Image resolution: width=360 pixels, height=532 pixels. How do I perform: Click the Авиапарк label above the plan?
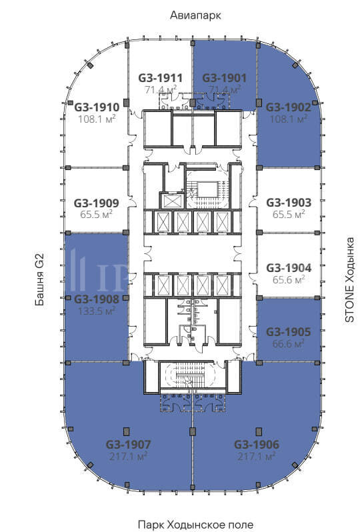coord(195,15)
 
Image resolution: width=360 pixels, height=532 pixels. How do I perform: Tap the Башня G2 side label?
coord(39,280)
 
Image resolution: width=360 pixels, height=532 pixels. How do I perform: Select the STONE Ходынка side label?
coord(349,279)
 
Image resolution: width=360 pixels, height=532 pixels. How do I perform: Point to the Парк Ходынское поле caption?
coord(195,524)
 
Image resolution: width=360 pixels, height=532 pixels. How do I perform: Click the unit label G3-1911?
coord(160,78)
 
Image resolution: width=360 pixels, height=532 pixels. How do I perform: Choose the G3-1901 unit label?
coord(224,78)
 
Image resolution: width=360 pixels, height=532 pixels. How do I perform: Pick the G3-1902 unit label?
coord(289,107)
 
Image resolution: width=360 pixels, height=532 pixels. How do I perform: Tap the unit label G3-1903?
coord(289,203)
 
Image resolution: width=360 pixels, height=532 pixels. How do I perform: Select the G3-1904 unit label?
coord(289,268)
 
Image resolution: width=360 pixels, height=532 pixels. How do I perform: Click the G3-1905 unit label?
coord(289,332)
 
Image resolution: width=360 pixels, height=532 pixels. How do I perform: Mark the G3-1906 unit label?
coord(257,444)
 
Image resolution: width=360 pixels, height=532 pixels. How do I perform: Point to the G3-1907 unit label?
coord(128,444)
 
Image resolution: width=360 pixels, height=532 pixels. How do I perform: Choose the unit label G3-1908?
coord(97,299)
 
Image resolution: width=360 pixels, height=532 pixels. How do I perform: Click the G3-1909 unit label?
coord(97,203)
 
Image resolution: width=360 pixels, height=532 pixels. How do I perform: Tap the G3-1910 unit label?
coord(97,107)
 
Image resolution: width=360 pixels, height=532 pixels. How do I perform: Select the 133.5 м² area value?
coord(97,311)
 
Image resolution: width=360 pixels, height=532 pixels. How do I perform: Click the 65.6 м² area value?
coord(289,279)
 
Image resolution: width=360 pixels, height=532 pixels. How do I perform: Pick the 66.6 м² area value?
coord(289,343)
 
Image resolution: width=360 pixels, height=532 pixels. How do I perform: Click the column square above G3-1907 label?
coord(127,431)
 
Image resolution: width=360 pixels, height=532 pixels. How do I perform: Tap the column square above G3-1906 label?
coord(259,431)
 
